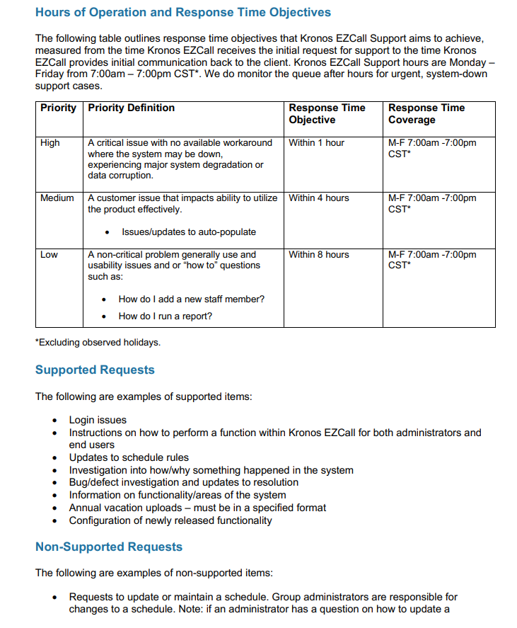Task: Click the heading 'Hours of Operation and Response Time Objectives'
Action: (x=182, y=12)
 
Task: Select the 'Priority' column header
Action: (x=58, y=108)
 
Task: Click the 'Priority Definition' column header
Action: (x=131, y=108)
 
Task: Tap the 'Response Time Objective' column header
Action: (x=327, y=113)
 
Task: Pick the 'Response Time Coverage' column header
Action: (x=426, y=113)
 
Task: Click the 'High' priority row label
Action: (x=50, y=143)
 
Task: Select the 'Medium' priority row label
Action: (x=57, y=198)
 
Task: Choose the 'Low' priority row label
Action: (x=50, y=255)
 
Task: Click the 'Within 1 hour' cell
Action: (x=316, y=143)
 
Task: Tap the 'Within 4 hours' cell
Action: (x=318, y=198)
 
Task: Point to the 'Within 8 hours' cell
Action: (x=318, y=255)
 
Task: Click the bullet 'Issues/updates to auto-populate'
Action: (x=189, y=232)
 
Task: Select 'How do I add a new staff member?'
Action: (x=191, y=299)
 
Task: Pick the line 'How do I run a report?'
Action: (x=165, y=316)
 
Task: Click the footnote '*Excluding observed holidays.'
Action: (x=98, y=343)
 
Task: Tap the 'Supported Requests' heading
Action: (x=95, y=370)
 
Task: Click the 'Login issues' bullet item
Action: (x=98, y=420)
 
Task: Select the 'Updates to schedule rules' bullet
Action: (x=129, y=457)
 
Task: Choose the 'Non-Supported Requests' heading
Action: (x=109, y=547)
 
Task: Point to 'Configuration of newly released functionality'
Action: (x=170, y=520)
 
